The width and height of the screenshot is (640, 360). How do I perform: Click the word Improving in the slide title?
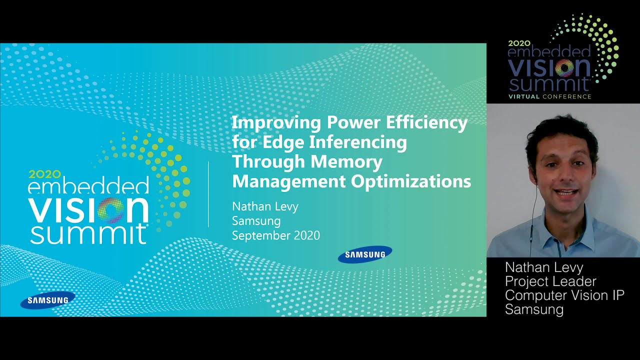(x=276, y=123)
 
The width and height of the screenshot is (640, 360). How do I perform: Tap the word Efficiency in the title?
(x=426, y=123)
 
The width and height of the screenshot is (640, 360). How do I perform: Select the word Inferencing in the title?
(x=358, y=142)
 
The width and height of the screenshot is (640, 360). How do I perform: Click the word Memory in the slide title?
(x=346, y=161)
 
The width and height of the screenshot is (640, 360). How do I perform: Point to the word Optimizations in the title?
(x=411, y=181)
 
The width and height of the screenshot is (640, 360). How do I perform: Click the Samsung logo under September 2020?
(x=365, y=254)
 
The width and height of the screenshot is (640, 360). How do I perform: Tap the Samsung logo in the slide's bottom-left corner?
(x=47, y=300)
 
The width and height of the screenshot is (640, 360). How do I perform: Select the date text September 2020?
(x=275, y=235)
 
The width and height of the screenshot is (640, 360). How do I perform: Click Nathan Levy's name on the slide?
(x=265, y=206)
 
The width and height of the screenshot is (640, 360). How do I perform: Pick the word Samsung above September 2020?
(x=256, y=221)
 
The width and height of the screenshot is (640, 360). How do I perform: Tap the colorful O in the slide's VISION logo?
(x=111, y=210)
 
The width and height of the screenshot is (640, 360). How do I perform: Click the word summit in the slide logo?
(x=88, y=234)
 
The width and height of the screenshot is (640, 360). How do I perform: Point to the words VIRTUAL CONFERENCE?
(x=549, y=96)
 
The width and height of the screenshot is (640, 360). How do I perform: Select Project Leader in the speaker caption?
(x=550, y=281)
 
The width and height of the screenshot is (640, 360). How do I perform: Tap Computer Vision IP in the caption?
(x=564, y=295)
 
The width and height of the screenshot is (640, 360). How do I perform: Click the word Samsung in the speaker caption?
(x=534, y=309)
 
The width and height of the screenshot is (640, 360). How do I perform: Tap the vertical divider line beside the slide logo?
(x=208, y=194)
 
